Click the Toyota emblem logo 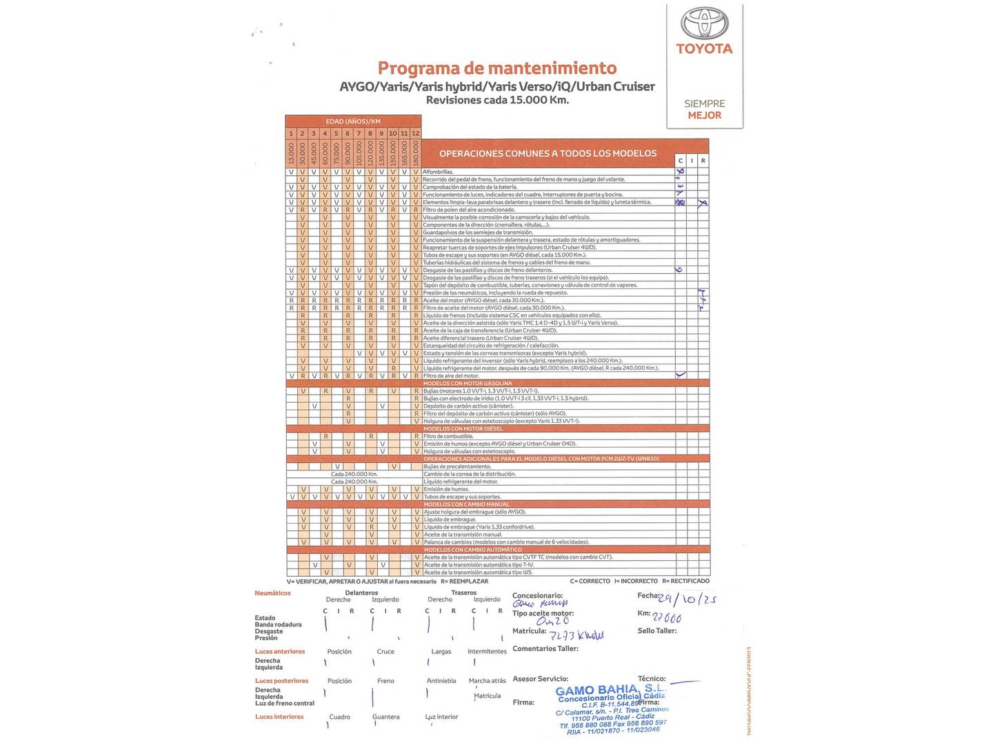[704, 23]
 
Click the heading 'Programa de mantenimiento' [497, 68]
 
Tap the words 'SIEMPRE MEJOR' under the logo [704, 109]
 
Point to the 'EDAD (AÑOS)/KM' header [353, 121]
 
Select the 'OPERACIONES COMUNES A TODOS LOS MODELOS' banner [548, 153]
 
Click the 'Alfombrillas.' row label [438, 172]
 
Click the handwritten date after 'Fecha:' [688, 599]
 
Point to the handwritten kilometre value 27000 [668, 618]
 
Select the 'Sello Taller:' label [656, 630]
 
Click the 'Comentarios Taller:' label [545, 648]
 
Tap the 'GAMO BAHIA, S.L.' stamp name [610, 690]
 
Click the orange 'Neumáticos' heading [272, 593]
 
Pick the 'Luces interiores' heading [279, 717]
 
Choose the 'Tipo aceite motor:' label [543, 613]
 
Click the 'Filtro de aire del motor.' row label [451, 376]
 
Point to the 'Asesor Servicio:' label [540, 679]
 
